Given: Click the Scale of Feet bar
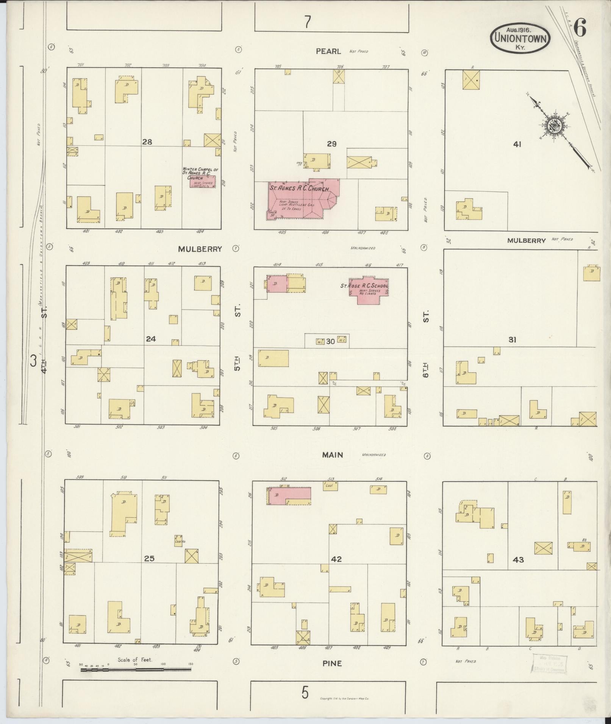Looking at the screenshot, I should tap(136, 670).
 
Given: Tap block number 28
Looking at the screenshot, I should tap(147, 142).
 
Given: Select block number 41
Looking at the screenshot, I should tap(517, 144).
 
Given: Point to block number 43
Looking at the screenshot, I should tap(518, 559).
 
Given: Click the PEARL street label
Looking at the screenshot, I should tap(328, 51).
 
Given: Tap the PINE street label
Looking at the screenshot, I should tap(332, 663).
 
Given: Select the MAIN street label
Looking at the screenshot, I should tap(333, 455).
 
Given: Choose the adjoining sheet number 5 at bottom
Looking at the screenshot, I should tap(305, 693).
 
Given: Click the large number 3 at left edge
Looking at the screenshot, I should tap(33, 361).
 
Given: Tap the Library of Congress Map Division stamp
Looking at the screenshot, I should tap(549, 663).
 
